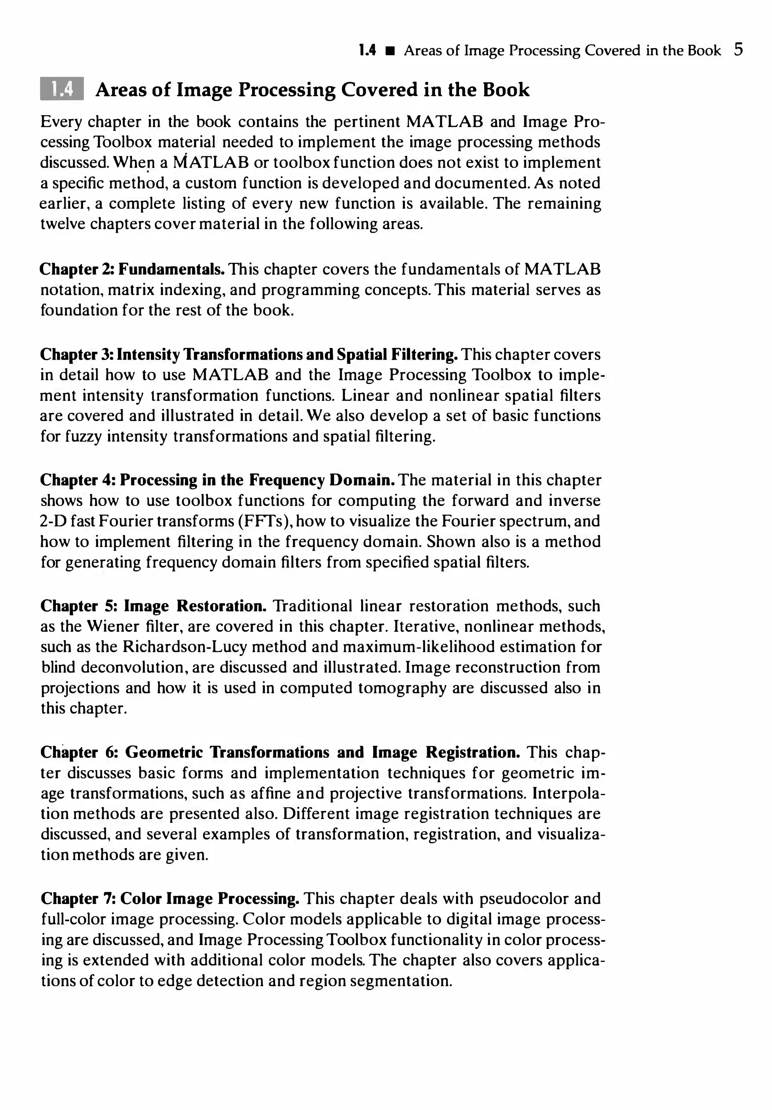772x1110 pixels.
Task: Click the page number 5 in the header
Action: click(x=738, y=50)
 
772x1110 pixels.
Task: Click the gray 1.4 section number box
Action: click(x=62, y=89)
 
